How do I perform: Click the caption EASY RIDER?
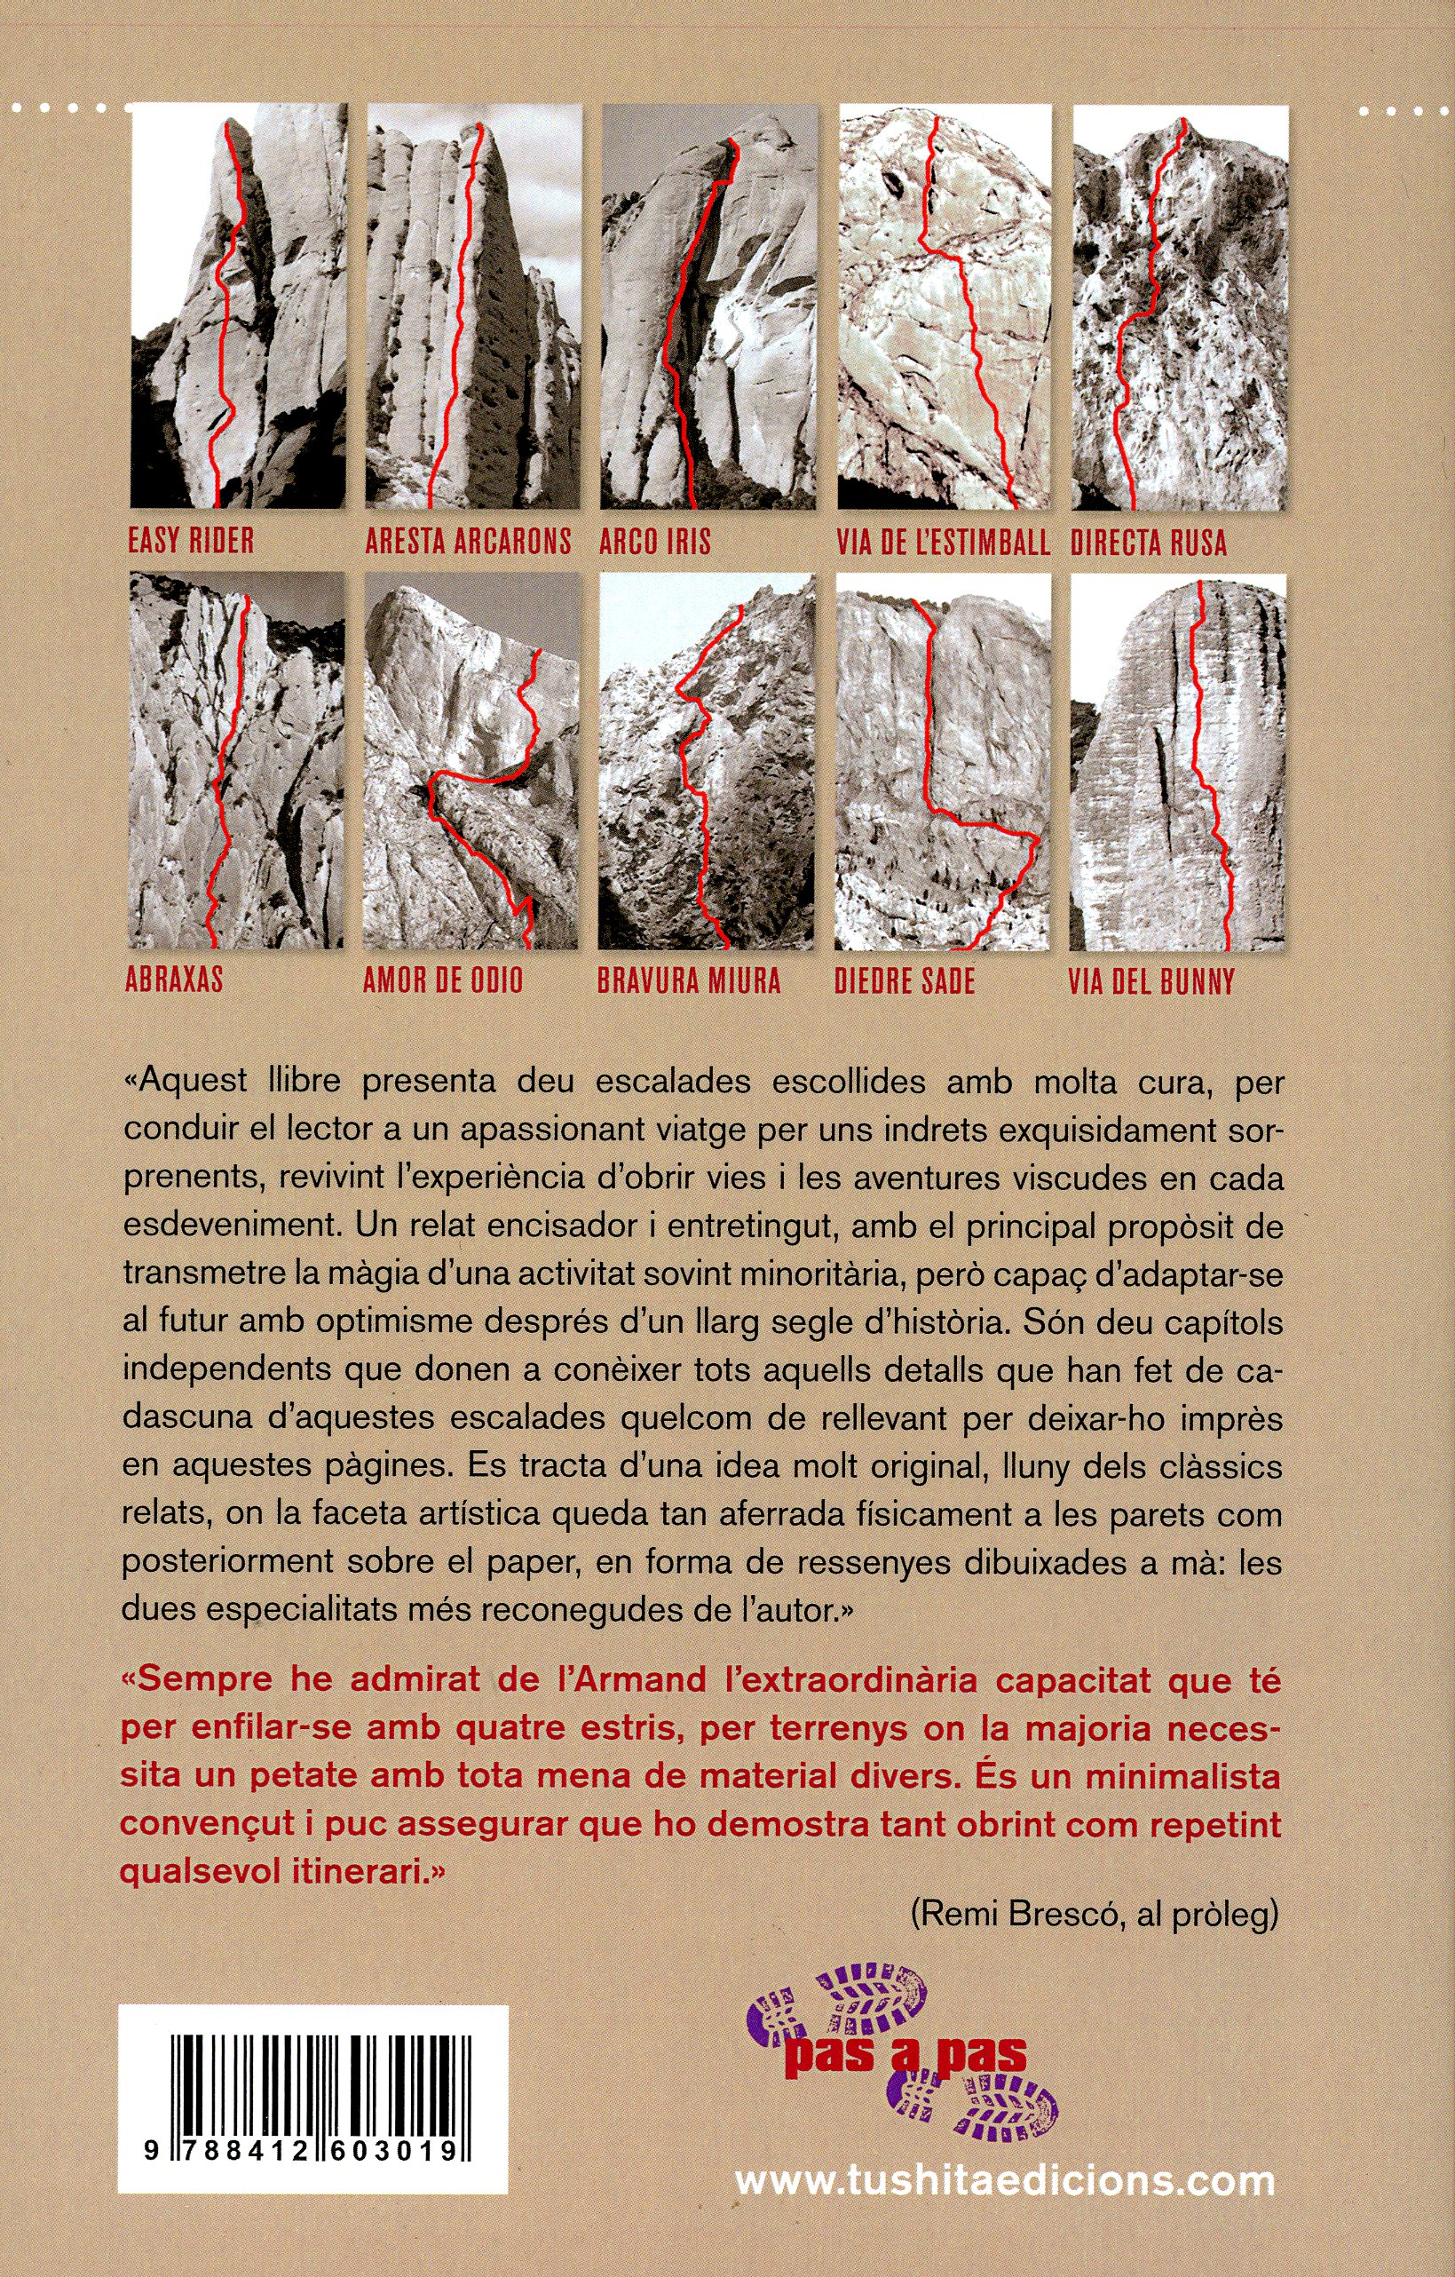191,541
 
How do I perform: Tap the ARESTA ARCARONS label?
468,541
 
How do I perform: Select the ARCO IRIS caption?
654,541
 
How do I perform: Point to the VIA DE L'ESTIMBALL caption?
943,543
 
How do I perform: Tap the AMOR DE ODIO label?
442,980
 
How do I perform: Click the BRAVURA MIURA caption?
688,980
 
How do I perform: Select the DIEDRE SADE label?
904,980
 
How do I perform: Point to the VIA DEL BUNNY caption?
1151,981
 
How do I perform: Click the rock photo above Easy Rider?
238,307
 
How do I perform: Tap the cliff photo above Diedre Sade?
943,762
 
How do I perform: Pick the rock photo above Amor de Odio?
470,760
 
